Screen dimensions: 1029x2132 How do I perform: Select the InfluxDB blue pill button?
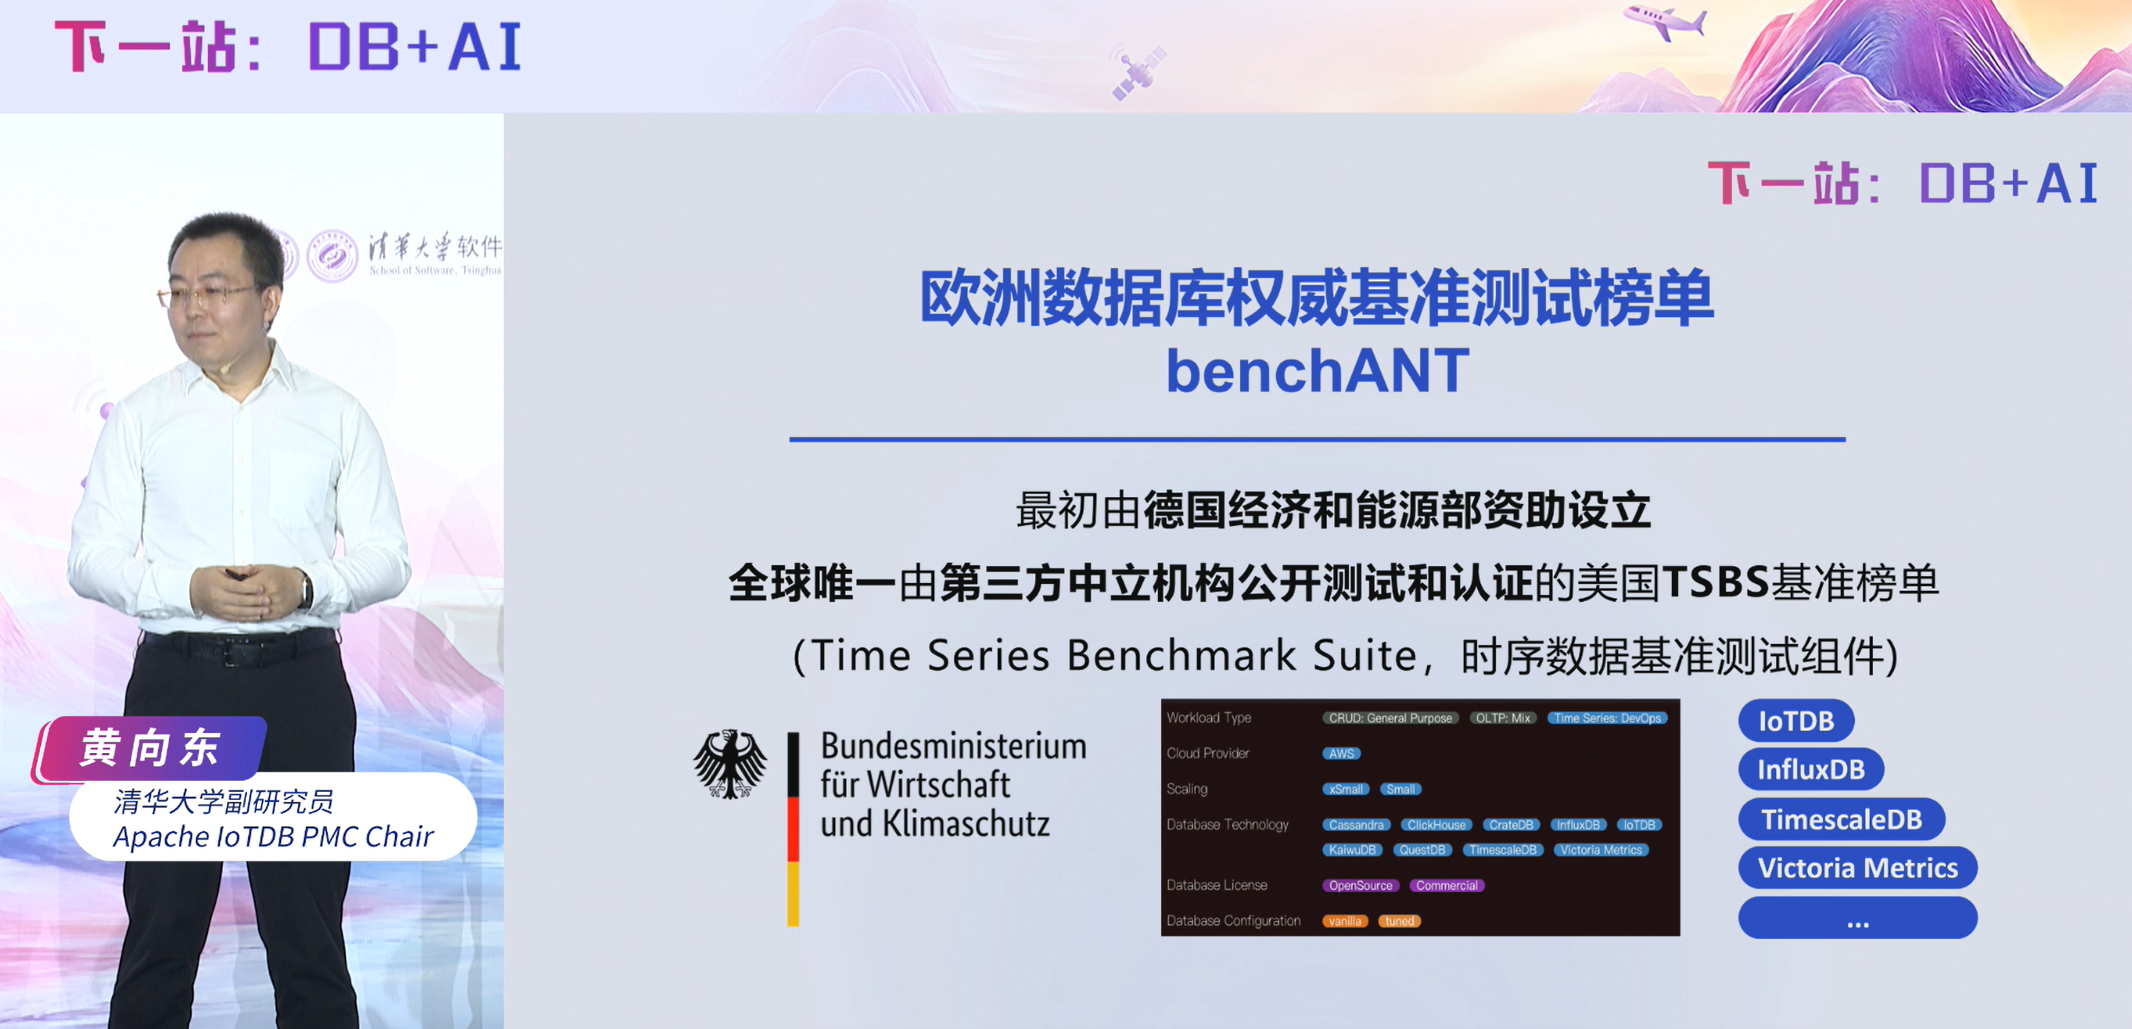[x=1810, y=769]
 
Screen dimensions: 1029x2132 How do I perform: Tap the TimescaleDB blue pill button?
[x=1841, y=819]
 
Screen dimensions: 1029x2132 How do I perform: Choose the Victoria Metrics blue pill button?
[x=1857, y=868]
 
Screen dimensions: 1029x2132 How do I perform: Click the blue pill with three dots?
[x=1857, y=918]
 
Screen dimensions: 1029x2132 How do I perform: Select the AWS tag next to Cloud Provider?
[x=1341, y=753]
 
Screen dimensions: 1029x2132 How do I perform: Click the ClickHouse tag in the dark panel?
[x=1436, y=825]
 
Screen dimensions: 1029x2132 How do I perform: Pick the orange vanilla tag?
[x=1345, y=921]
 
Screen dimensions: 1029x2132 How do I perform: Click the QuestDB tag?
[x=1422, y=850]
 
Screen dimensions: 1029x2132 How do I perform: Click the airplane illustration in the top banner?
[x=1664, y=21]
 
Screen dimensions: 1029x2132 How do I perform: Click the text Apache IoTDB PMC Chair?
[x=273, y=836]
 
